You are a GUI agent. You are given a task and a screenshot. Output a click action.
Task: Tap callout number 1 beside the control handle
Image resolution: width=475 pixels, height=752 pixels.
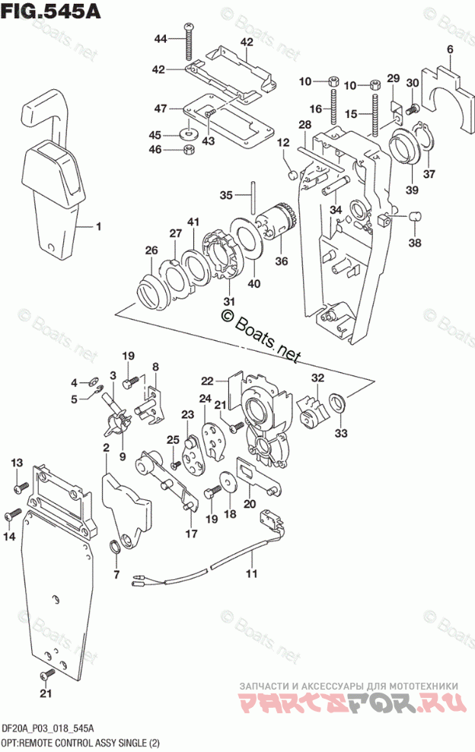pos(98,226)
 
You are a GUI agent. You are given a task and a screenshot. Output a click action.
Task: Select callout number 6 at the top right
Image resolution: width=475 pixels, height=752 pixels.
pos(450,51)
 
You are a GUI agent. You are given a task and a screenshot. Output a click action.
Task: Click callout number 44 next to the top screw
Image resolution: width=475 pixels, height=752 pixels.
pos(160,39)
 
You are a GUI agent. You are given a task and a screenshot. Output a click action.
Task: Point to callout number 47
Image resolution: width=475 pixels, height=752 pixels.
pos(160,109)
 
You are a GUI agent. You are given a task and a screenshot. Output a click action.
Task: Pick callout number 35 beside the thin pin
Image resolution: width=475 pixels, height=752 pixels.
pos(226,196)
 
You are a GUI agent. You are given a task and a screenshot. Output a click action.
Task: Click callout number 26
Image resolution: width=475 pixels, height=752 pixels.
pos(151,250)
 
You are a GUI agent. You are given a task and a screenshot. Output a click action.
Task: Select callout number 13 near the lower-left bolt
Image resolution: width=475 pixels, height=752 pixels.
pos(17,464)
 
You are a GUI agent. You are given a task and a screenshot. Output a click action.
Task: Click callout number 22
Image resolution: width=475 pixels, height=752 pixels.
pos(208,381)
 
